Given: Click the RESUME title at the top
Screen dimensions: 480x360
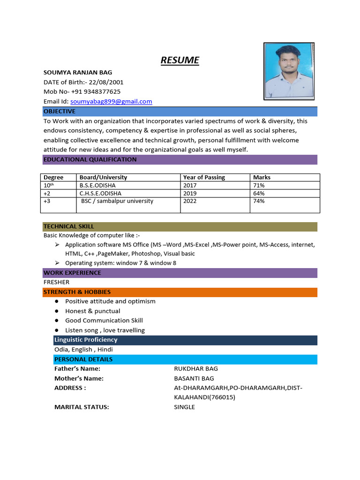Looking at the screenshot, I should pyautogui.click(x=180, y=60).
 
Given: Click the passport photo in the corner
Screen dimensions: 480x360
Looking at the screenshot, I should pyautogui.click(x=289, y=71).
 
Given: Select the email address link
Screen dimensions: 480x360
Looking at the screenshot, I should pyautogui.click(x=111, y=101).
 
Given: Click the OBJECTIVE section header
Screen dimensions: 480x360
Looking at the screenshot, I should pyautogui.click(x=60, y=112).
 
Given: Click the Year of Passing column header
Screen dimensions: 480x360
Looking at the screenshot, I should pyautogui.click(x=204, y=178).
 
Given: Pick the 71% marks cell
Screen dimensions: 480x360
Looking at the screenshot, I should pyautogui.click(x=259, y=185).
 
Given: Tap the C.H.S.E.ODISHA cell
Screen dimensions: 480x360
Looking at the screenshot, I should pyautogui.click(x=100, y=193).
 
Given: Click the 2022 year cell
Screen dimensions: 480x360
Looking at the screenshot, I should pyautogui.click(x=190, y=201).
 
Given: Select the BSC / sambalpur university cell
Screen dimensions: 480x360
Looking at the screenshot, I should pyautogui.click(x=117, y=201).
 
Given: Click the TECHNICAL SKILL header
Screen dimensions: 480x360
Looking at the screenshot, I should pyautogui.click(x=69, y=226).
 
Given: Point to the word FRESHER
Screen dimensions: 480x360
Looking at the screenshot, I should pyautogui.click(x=56, y=282).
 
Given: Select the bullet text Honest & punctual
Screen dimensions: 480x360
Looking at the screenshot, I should pyautogui.click(x=93, y=311).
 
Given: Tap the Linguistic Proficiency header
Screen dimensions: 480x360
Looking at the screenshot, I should pyautogui.click(x=86, y=340).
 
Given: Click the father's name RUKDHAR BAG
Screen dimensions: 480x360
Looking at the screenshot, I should pyautogui.click(x=196, y=368).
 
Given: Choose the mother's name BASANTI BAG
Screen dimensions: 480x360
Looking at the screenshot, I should pyautogui.click(x=194, y=378).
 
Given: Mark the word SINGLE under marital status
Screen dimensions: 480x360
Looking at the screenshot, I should pyautogui.click(x=184, y=407).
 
